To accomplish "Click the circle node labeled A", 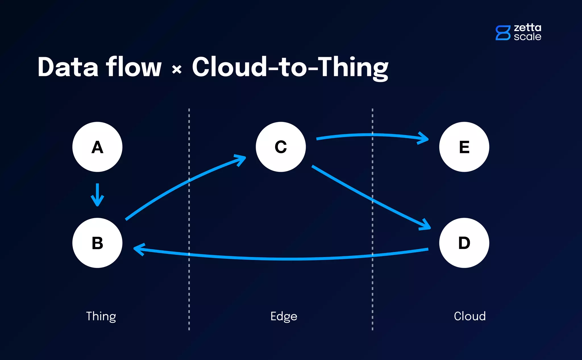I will tap(97, 147).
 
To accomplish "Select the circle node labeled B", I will tap(97, 243).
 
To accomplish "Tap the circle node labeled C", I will tap(281, 147).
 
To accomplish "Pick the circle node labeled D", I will tap(464, 243).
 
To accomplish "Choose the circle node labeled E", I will tap(464, 147).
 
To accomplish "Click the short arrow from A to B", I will tap(97, 195).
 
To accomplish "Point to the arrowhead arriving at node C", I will tap(241, 159).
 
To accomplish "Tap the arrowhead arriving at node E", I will tap(424, 138).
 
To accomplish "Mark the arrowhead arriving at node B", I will tap(138, 249).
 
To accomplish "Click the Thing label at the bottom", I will tap(101, 316).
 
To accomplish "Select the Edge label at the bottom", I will tap(284, 316).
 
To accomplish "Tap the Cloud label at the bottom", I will tap(469, 316).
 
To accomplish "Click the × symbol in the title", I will tap(177, 69).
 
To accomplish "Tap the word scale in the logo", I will tap(527, 37).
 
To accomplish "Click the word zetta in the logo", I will tap(527, 28).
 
